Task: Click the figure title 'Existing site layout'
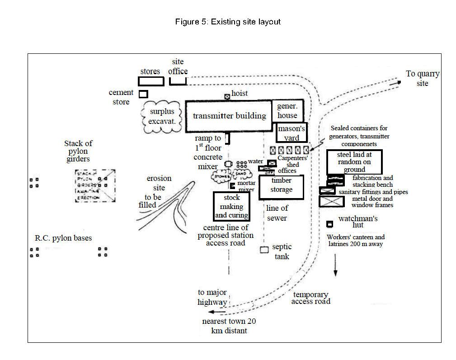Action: pos(228,22)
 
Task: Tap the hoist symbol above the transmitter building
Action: pos(227,96)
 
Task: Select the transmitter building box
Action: pos(229,116)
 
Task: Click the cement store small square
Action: pos(143,94)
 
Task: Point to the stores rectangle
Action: pos(151,81)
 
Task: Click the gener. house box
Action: pos(287,111)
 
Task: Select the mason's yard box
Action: pos(291,133)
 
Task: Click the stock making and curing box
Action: pos(231,206)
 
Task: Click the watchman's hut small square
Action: pos(330,224)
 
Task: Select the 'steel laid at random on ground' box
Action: pos(354,162)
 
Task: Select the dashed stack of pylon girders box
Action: pos(95,185)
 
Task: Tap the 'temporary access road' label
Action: pos(310,298)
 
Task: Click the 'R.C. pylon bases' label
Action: pos(63,238)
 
